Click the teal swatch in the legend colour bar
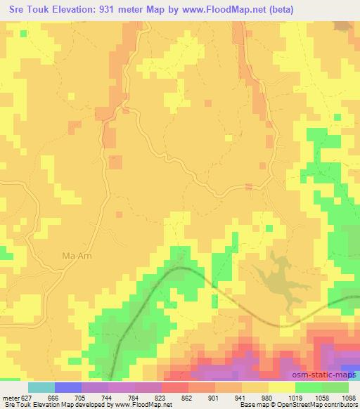[41, 387]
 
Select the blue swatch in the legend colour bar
[68, 387]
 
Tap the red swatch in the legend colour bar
[175, 387]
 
